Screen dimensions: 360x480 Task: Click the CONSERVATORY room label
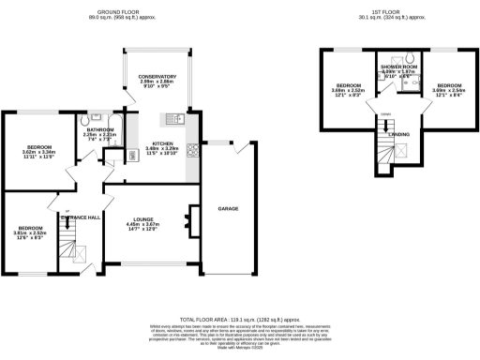(157, 76)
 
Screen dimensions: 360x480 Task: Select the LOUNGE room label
(142, 219)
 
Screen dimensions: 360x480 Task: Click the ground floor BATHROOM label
(100, 129)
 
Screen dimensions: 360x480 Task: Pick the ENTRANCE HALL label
(79, 217)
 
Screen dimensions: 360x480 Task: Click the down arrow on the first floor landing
(385, 116)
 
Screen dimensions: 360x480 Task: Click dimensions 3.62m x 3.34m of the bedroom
(39, 154)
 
